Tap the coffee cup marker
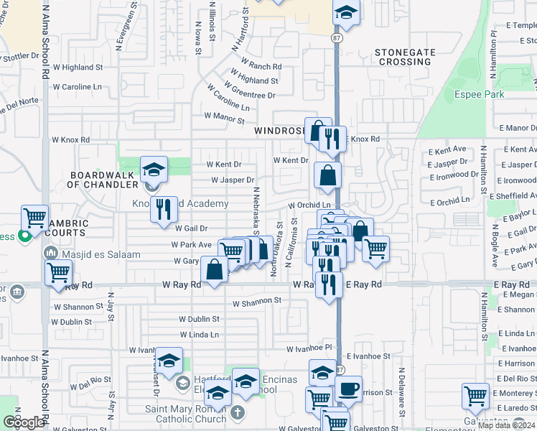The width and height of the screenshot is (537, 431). [x=349, y=389]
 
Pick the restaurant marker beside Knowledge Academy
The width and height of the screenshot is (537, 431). [x=164, y=209]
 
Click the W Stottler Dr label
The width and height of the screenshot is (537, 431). [x=19, y=55]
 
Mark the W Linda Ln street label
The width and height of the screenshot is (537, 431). [x=199, y=335]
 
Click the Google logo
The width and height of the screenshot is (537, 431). [x=24, y=422]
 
